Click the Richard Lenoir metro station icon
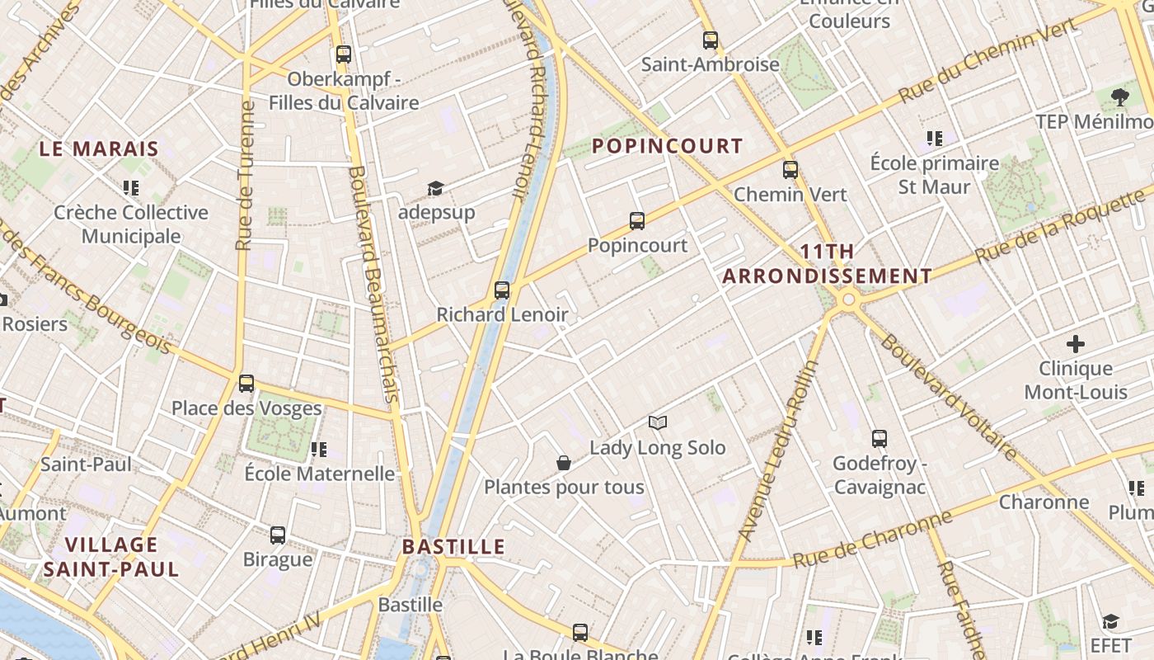point(502,290)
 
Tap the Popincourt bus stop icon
point(637,221)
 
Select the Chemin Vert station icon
point(790,170)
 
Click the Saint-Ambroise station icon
point(711,40)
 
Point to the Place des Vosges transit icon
point(246,384)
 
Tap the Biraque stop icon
point(278,535)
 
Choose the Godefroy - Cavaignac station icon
point(880,439)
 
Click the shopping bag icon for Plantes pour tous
point(564,463)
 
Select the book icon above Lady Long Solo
point(657,423)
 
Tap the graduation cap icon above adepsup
point(435,189)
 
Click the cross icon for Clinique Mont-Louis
point(1076,344)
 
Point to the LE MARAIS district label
point(99,149)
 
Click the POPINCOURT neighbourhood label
point(668,146)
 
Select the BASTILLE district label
point(453,546)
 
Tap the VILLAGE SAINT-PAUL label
point(111,557)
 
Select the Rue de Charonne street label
point(873,541)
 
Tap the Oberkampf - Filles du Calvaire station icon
point(344,55)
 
